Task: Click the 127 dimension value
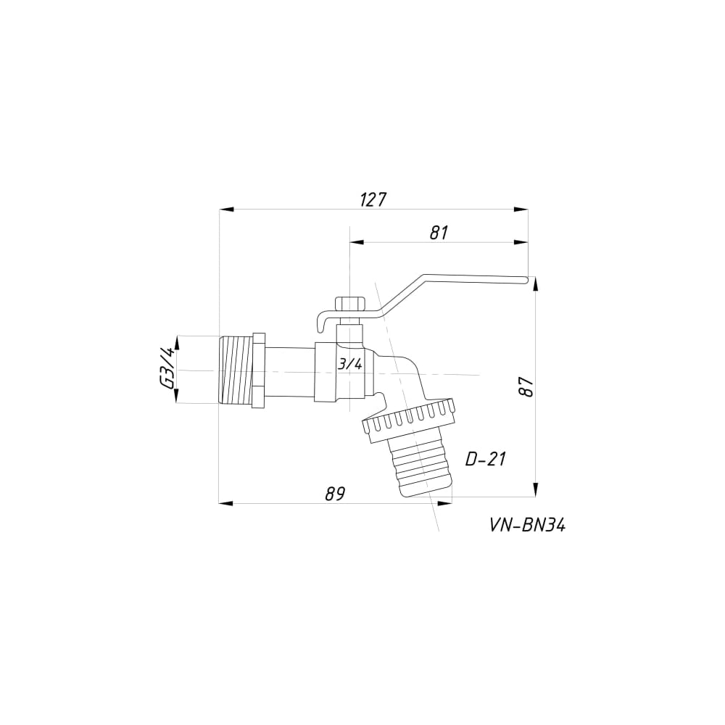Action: pyautogui.click(x=373, y=200)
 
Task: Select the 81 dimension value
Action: pyautogui.click(x=439, y=233)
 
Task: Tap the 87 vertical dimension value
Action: pyautogui.click(x=526, y=386)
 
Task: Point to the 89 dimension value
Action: pyautogui.click(x=335, y=494)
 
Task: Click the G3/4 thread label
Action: pyautogui.click(x=167, y=369)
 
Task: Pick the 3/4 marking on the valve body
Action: pyautogui.click(x=350, y=365)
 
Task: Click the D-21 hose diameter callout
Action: pyautogui.click(x=486, y=459)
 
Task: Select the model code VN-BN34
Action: pyautogui.click(x=527, y=525)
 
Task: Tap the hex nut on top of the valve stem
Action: pyautogui.click(x=350, y=304)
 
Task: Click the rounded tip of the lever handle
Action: pyautogui.click(x=525, y=280)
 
